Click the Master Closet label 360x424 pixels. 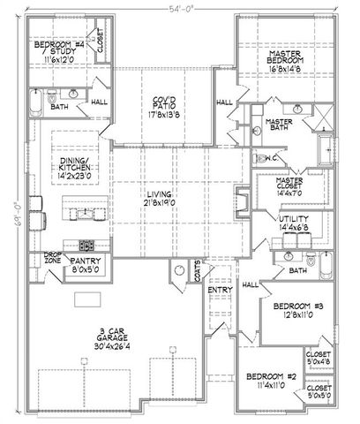[281, 184]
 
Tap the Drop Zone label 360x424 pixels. [53, 258]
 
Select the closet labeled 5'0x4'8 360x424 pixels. [319, 360]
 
